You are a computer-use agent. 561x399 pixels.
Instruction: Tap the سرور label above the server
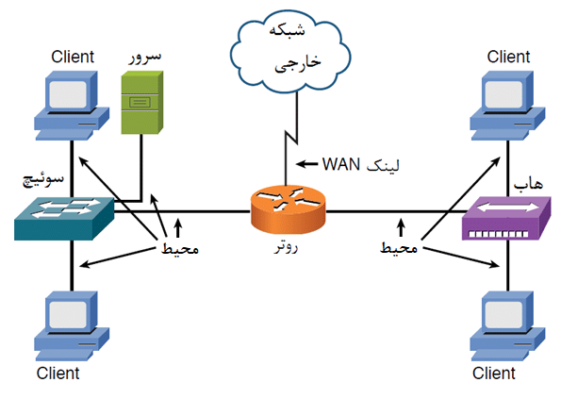pos(144,55)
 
